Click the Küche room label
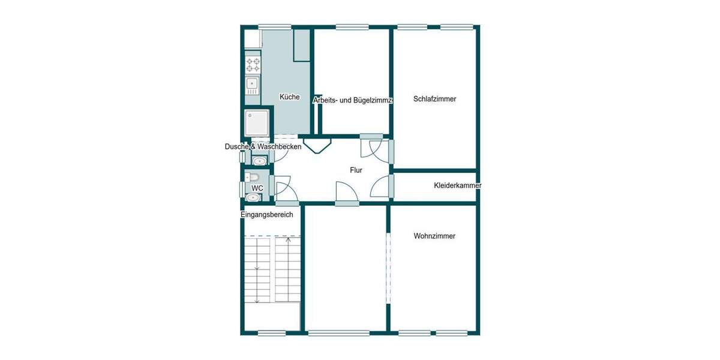289,97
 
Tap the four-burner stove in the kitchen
253,65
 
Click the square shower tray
258,123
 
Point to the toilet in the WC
252,177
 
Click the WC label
257,188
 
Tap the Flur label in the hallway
356,170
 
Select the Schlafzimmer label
435,99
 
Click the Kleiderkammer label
457,186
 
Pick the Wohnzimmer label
434,236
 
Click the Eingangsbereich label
267,215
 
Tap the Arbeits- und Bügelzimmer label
353,101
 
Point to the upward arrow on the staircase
289,241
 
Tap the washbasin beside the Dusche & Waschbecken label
259,161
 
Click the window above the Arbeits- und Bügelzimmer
352,26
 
